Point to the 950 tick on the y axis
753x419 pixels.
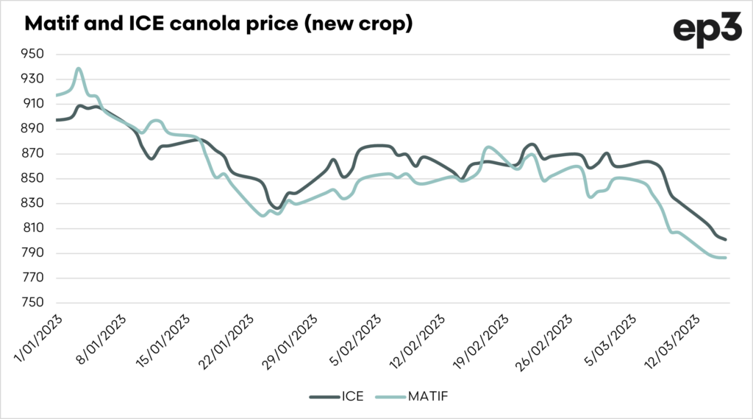[34, 54]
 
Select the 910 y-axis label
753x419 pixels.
[34, 104]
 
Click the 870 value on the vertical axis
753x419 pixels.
[34, 154]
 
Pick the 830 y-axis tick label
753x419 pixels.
[34, 204]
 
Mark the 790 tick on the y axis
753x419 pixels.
[34, 253]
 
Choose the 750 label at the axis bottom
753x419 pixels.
[34, 303]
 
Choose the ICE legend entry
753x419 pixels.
[341, 396]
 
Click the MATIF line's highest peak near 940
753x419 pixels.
[79, 68]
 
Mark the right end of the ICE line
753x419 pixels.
[727, 239]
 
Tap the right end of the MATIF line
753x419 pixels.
[727, 258]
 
